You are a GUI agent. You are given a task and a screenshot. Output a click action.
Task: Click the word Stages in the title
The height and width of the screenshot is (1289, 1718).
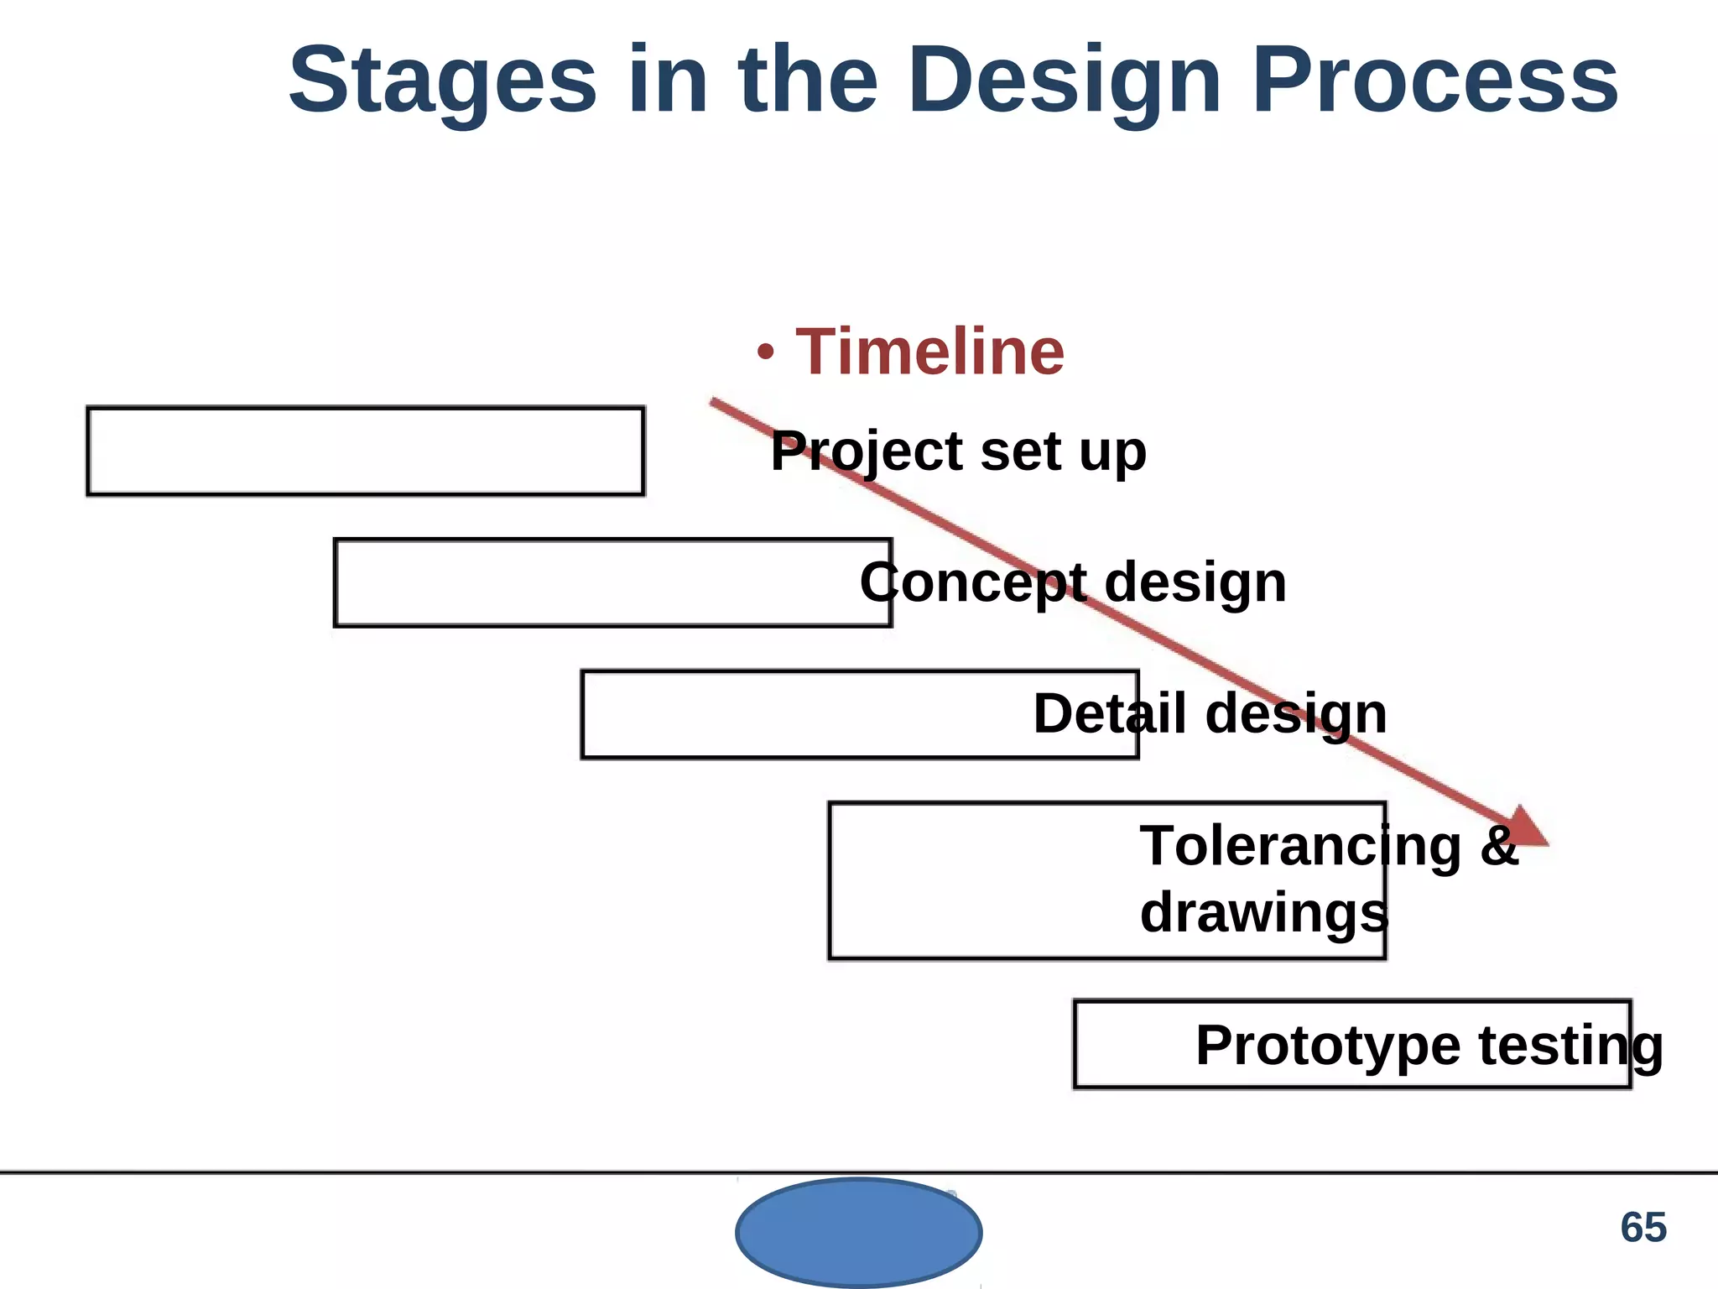tap(442, 82)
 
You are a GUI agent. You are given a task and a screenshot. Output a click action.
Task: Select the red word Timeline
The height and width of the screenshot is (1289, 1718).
tap(929, 352)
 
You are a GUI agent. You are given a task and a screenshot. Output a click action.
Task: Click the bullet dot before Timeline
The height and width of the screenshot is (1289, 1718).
tap(764, 353)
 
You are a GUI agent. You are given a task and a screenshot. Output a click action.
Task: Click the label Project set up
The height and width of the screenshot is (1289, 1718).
tap(958, 451)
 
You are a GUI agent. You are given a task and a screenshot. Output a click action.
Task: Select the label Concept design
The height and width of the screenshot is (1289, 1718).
tap(1073, 582)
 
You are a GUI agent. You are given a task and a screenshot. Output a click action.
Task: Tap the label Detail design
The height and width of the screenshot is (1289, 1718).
tap(1210, 714)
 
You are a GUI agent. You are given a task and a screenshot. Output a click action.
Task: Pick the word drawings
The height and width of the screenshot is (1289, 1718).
tap(1263, 913)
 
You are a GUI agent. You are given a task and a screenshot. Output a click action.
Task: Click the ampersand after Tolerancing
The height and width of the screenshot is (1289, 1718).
tap(1499, 846)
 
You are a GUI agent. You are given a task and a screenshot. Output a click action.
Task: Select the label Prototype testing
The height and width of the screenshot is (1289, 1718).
tap(1429, 1046)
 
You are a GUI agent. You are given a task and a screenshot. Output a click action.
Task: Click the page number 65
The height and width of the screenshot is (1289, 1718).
tap(1643, 1228)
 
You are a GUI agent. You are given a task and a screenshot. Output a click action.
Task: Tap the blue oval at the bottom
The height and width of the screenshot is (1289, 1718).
tap(858, 1232)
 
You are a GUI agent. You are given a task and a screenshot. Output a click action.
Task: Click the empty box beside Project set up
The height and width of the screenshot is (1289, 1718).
tap(366, 451)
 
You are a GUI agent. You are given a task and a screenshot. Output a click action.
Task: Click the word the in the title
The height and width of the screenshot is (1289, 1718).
tap(808, 82)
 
